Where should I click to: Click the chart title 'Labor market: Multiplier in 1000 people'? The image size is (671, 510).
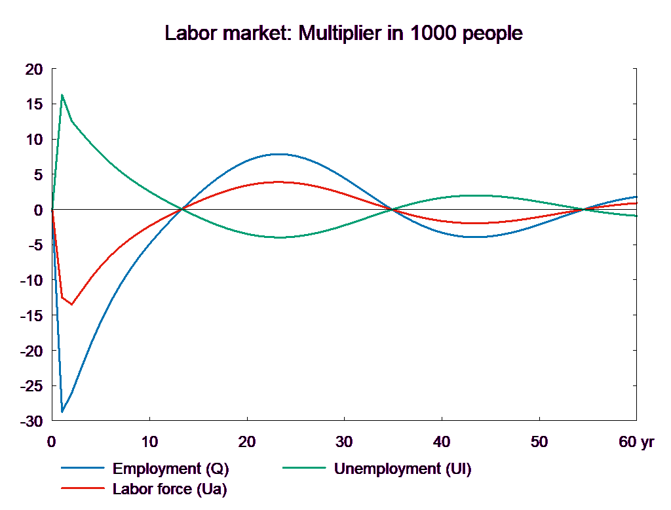pyautogui.click(x=344, y=33)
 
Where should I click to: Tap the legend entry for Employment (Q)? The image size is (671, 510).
pyautogui.click(x=171, y=469)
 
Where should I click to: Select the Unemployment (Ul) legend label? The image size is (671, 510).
pyautogui.click(x=402, y=469)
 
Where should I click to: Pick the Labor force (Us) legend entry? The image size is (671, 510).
pyautogui.click(x=170, y=488)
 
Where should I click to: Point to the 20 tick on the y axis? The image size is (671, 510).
pyautogui.click(x=33, y=69)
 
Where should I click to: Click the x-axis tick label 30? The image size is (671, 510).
pyautogui.click(x=344, y=442)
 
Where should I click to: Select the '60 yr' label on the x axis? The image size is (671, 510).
pyautogui.click(x=636, y=442)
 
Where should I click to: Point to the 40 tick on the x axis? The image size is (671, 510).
pyautogui.click(x=442, y=442)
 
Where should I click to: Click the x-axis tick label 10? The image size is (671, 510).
pyautogui.click(x=149, y=442)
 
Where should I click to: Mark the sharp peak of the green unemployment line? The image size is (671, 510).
pyautogui.click(x=62, y=95)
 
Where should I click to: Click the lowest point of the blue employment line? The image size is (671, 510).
pyautogui.click(x=62, y=412)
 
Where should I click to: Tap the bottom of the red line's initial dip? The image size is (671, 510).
pyautogui.click(x=71, y=304)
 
